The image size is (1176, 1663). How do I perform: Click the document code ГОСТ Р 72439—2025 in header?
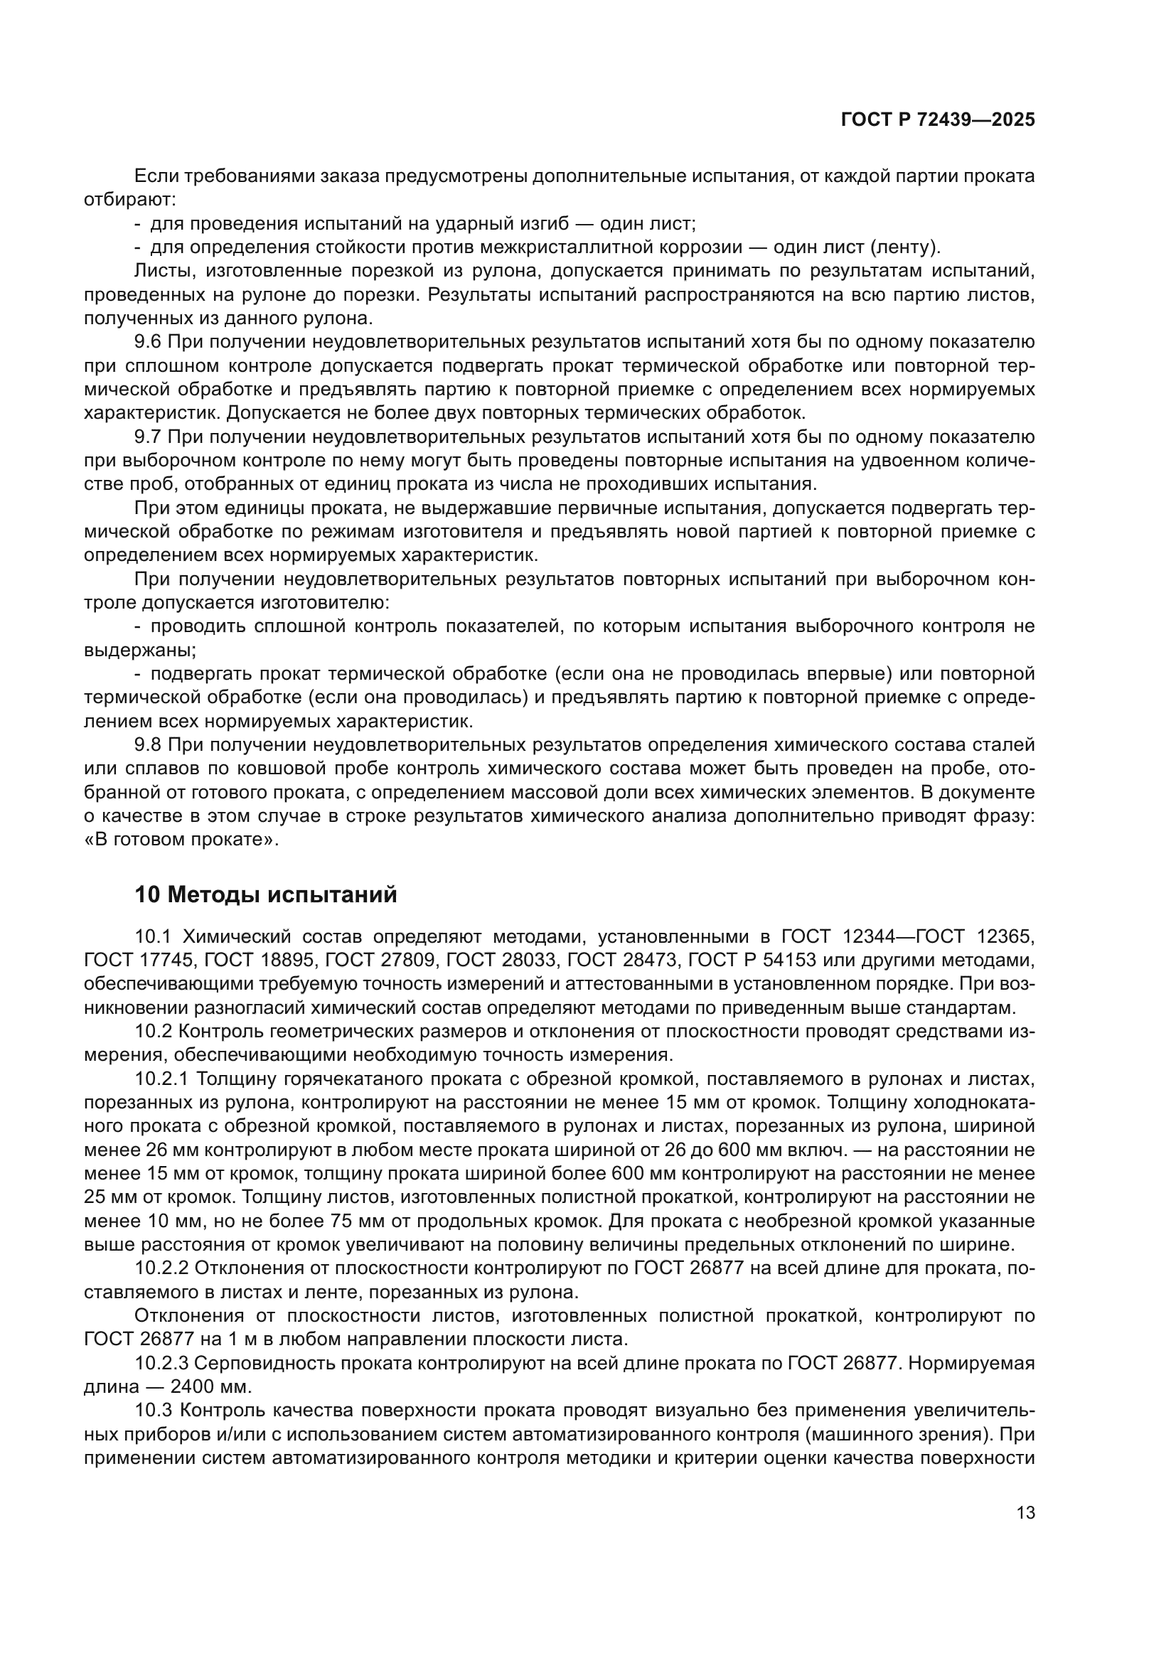pos(937,120)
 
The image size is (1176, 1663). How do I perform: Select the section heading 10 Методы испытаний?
pos(266,895)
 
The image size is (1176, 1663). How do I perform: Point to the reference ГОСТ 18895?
pos(260,961)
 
